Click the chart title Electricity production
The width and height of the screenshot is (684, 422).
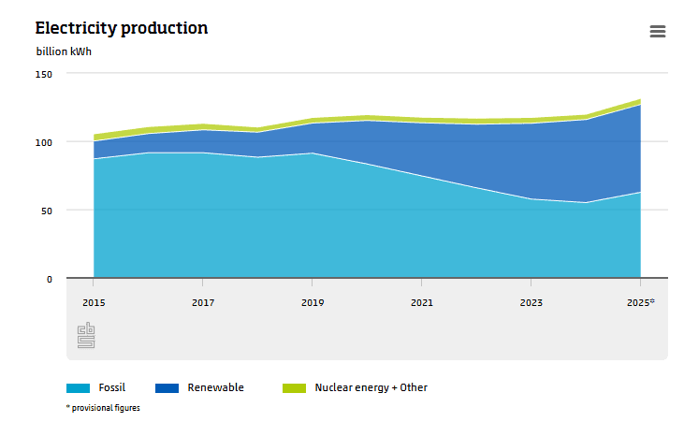tap(122, 28)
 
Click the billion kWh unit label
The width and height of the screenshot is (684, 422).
tap(64, 51)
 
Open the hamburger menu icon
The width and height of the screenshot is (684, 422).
tap(657, 31)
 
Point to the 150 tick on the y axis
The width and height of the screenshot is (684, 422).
tap(45, 74)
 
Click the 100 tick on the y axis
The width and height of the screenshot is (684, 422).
tap(45, 142)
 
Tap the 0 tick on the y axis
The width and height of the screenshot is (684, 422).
tap(50, 279)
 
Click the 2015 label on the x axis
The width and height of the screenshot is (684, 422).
tap(93, 303)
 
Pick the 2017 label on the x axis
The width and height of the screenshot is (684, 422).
tap(202, 303)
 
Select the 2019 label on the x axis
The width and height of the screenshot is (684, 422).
tap(312, 303)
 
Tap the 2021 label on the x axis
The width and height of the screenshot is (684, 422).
tap(421, 303)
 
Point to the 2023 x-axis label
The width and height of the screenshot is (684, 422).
tap(531, 303)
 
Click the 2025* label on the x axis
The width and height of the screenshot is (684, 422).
tap(640, 303)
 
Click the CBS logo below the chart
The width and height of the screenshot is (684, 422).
tap(86, 336)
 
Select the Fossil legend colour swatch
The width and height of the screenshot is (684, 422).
tap(78, 387)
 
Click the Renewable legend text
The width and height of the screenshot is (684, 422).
tap(215, 387)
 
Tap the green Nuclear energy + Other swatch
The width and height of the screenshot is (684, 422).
tap(294, 387)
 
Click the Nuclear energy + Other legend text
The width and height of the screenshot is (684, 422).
tap(371, 387)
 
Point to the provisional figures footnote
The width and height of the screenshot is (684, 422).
tap(103, 408)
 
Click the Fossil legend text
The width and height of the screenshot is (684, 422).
tap(111, 387)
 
